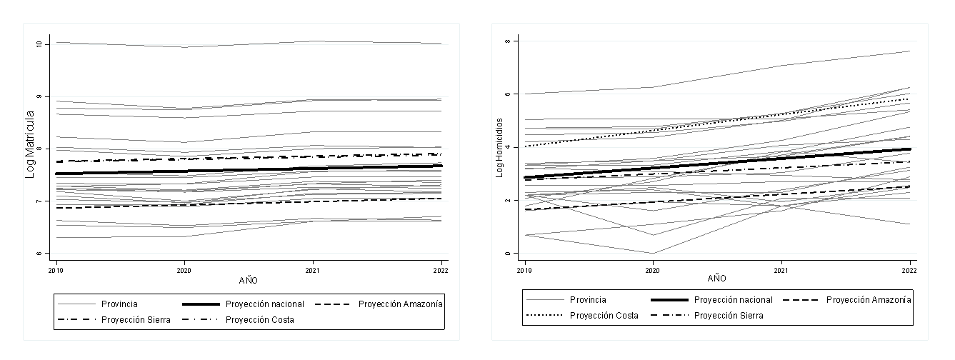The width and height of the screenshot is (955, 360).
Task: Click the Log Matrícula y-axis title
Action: coord(30,144)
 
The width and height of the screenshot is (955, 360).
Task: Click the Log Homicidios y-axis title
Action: coord(500,148)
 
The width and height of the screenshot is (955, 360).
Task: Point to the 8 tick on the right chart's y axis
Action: coord(507,41)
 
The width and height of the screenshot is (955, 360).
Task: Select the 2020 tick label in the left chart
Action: coord(184,271)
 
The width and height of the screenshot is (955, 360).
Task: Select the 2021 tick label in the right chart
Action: coord(781,271)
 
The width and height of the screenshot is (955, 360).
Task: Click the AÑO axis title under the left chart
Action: coord(249,281)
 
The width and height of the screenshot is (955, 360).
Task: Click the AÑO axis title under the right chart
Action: coord(716,278)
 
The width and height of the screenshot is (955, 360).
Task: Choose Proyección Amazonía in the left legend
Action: coord(401,304)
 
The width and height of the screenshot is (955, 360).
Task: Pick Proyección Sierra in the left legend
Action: coord(136,319)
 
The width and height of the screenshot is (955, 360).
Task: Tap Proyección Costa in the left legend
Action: coord(259,319)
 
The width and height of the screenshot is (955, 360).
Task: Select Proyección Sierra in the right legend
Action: coord(729,315)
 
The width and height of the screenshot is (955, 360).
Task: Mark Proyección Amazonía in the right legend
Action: coord(869,299)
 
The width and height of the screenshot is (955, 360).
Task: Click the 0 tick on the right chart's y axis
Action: coord(507,254)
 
